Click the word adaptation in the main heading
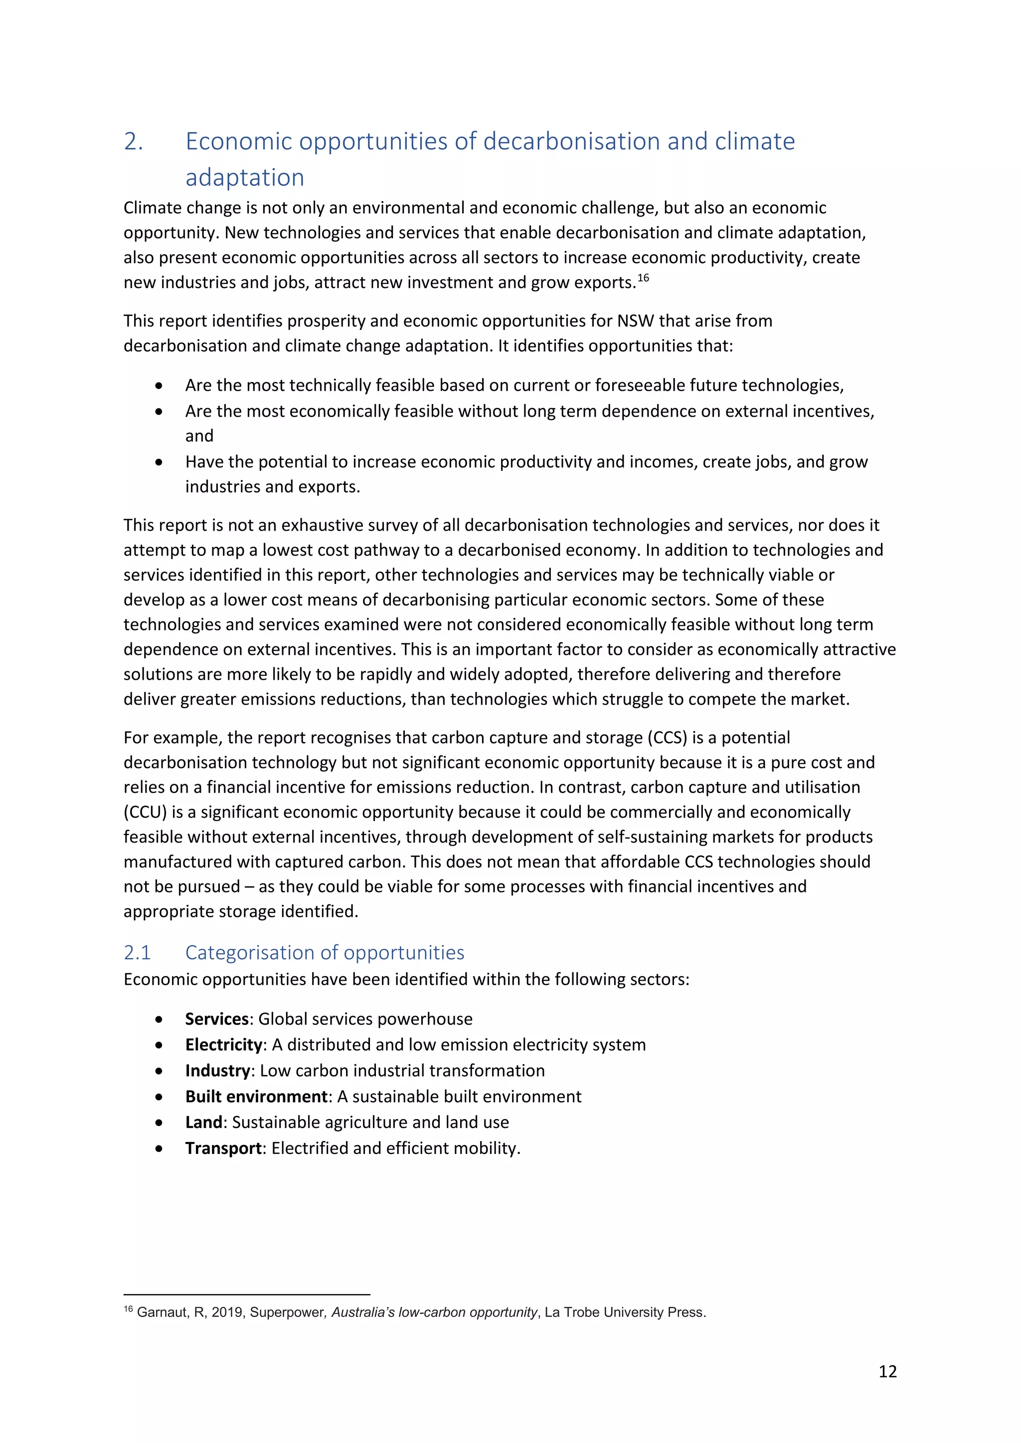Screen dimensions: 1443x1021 pos(245,178)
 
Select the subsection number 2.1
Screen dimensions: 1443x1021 pos(137,952)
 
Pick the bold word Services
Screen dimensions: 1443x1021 pos(217,1019)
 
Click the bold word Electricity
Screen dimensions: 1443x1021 pos(223,1044)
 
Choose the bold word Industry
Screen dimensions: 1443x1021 pos(217,1070)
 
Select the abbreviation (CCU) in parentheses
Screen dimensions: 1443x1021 pos(145,812)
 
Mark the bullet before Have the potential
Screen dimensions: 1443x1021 pos(159,462)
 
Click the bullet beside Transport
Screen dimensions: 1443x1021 pos(159,1148)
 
